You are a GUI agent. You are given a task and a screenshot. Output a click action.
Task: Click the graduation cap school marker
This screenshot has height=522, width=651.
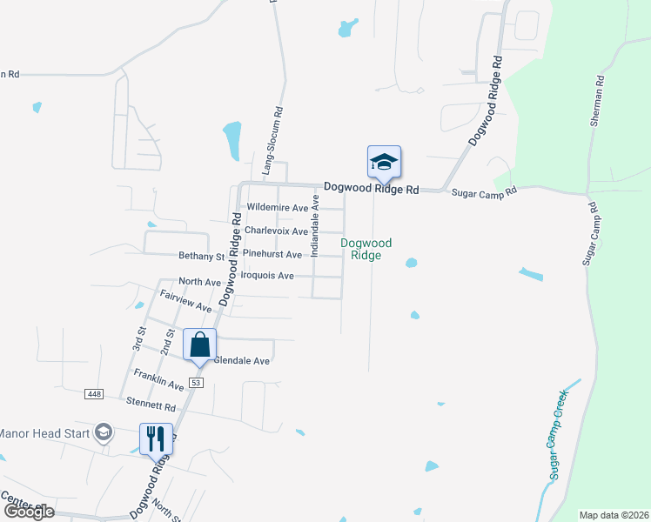(x=384, y=163)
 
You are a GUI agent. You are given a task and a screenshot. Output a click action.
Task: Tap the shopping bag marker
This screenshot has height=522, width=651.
(x=199, y=345)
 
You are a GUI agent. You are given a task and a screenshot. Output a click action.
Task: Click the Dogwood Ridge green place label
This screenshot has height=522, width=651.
(x=366, y=249)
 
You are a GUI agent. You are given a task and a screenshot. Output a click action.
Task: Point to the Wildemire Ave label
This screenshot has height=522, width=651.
(x=278, y=208)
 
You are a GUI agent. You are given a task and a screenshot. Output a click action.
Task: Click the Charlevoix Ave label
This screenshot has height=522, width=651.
(x=276, y=231)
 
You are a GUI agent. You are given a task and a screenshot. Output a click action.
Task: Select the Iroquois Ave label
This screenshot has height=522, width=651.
(x=267, y=276)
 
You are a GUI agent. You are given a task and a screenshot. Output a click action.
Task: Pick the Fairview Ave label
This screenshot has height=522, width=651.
(x=186, y=301)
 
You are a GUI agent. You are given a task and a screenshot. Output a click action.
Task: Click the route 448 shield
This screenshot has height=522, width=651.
(x=95, y=394)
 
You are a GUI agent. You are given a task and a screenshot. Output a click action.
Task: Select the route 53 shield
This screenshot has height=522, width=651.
(x=196, y=383)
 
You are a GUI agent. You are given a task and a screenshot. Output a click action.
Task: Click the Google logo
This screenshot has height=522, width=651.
(x=29, y=512)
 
